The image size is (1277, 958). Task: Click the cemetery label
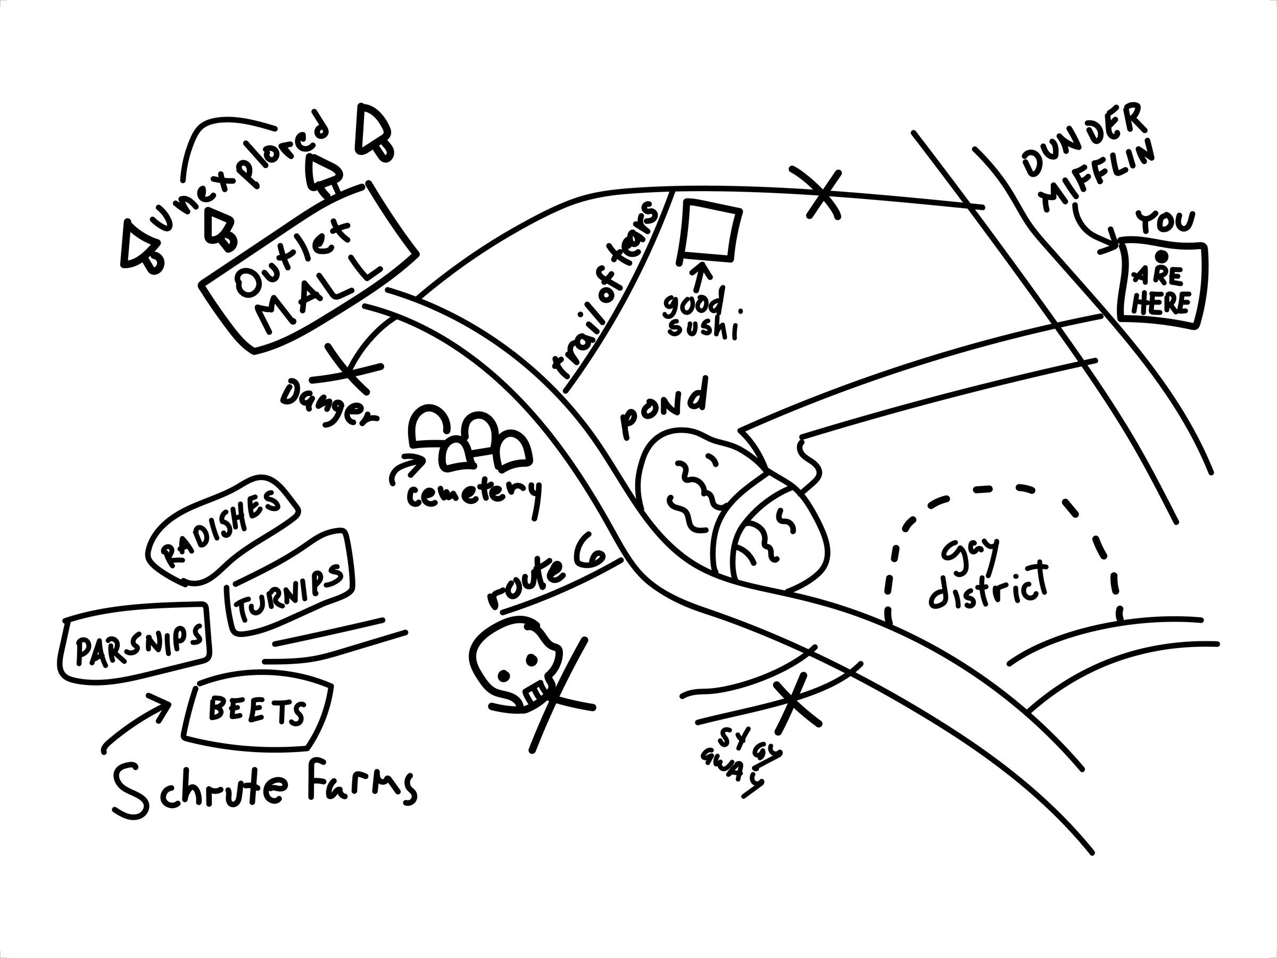[474, 494]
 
